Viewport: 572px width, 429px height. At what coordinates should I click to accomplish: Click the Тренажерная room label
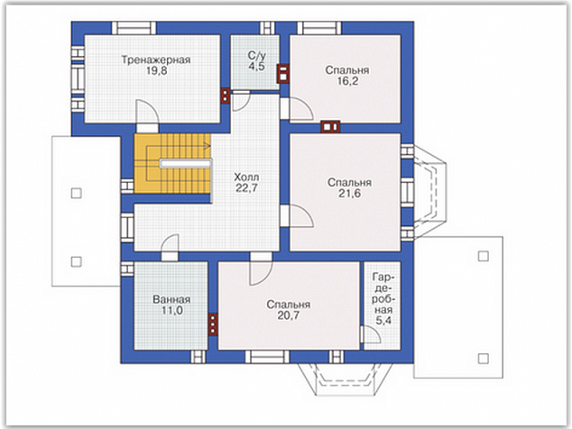[156, 59]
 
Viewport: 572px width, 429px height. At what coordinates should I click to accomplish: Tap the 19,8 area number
[156, 70]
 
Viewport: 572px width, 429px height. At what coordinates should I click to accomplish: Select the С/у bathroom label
[257, 55]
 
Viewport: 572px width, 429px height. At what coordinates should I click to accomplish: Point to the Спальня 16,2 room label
[347, 70]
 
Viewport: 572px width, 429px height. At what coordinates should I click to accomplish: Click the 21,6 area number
[349, 194]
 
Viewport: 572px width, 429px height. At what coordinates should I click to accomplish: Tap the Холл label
[246, 178]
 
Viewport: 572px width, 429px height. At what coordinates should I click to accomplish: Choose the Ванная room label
[171, 299]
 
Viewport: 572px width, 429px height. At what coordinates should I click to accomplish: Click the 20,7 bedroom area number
[288, 315]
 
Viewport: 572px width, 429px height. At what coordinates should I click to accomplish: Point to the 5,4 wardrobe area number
[383, 320]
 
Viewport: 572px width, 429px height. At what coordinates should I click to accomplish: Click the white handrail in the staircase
[186, 164]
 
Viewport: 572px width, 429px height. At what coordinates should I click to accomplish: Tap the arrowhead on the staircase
[208, 147]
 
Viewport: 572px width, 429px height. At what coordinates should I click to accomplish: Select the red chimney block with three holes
[213, 324]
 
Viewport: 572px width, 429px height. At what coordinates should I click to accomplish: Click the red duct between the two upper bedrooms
[330, 126]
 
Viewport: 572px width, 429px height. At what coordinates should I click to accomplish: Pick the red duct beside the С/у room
[282, 74]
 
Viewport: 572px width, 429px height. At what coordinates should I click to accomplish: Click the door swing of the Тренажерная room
[148, 112]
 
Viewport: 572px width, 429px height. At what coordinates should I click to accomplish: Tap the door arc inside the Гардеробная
[372, 334]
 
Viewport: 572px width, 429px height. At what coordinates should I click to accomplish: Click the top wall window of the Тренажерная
[134, 28]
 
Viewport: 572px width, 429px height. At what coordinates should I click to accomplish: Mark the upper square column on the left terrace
[77, 193]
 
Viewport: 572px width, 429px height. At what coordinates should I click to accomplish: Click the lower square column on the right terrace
[484, 359]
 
